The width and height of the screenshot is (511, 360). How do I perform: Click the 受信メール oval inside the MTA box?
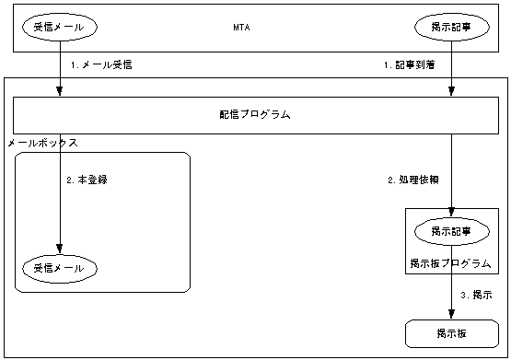click(59, 28)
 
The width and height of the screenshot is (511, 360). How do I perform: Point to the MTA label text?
click(242, 28)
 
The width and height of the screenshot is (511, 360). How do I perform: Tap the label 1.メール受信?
click(95, 66)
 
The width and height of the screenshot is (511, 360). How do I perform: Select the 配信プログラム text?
click(255, 115)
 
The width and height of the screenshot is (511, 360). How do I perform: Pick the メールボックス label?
click(41, 144)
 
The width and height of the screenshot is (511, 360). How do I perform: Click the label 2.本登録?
click(87, 180)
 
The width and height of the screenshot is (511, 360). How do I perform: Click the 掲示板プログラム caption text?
click(451, 264)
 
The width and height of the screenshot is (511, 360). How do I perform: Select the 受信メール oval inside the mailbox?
click(59, 268)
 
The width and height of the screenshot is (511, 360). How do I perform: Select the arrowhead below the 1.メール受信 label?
click(59, 91)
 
